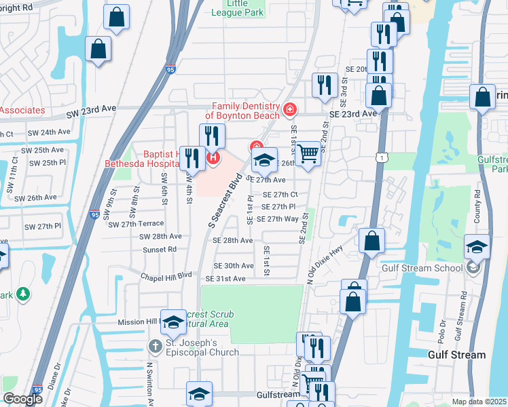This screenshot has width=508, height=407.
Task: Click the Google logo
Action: (22, 398)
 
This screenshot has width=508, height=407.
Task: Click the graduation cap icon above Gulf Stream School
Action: (477, 248)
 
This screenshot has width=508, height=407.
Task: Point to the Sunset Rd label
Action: (162, 249)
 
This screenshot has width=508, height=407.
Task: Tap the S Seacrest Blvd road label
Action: (225, 203)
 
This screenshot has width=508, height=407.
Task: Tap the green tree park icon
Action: (23, 294)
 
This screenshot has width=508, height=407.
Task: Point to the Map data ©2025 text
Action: (479, 402)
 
